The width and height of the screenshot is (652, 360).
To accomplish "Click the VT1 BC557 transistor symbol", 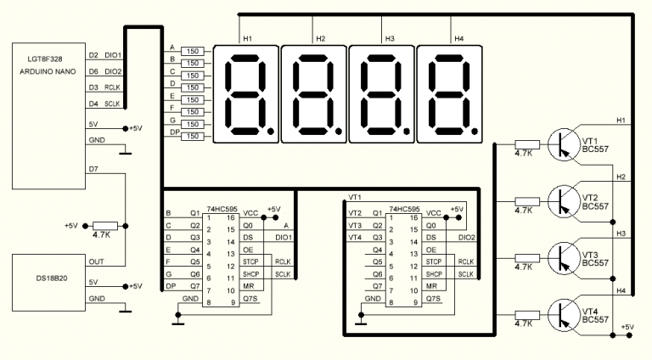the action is tap(564, 144).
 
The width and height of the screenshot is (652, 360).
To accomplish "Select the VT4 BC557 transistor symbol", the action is tap(564, 316).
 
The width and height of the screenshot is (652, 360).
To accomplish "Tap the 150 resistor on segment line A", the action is tap(193, 51).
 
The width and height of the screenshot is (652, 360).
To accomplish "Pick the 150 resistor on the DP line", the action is tap(193, 137).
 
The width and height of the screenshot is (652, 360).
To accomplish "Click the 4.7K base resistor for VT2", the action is tap(527, 201).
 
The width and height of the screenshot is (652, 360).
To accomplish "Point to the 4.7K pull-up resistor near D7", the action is tap(104, 226).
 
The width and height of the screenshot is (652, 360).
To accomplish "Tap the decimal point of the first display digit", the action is tap(271, 132).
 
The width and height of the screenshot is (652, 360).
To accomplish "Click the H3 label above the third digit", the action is tap(390, 39).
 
